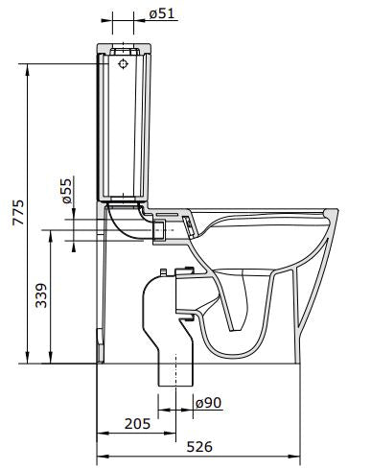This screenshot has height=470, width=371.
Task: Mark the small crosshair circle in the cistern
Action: click(123, 65)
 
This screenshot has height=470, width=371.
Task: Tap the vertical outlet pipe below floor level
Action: click(174, 374)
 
